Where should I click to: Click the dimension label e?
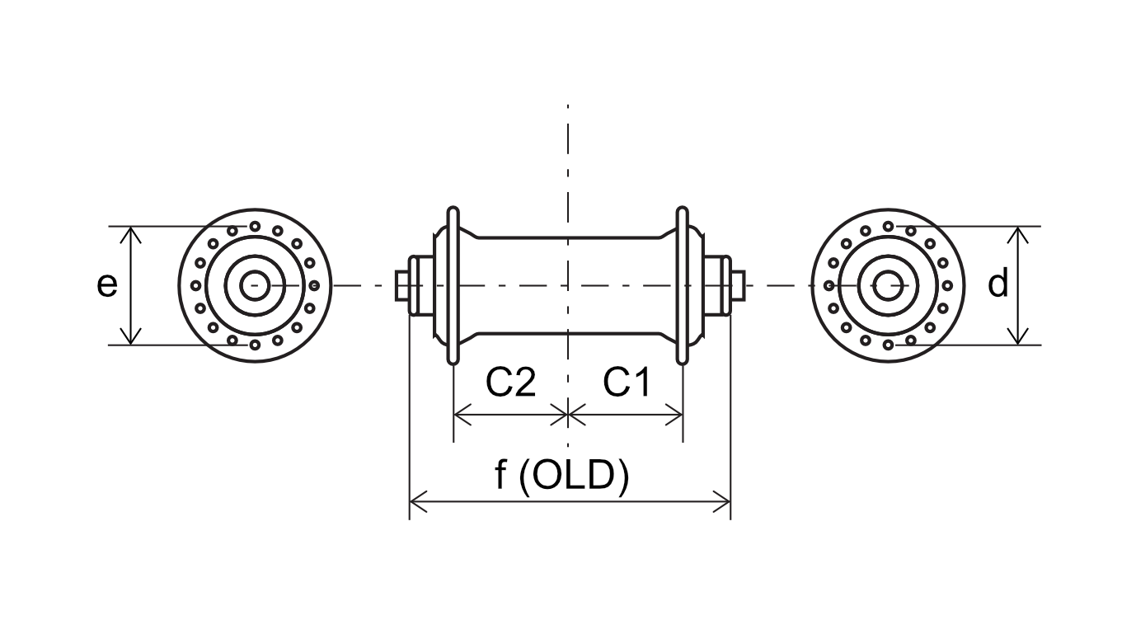[x=107, y=285]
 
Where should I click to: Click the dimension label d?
[x=998, y=283]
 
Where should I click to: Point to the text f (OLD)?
[x=562, y=475]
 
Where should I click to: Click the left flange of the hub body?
[x=453, y=285]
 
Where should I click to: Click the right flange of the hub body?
[x=683, y=285]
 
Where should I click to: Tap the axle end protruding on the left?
[x=402, y=285]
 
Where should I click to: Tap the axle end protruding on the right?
[x=738, y=285]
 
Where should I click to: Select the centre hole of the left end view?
[x=255, y=285]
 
